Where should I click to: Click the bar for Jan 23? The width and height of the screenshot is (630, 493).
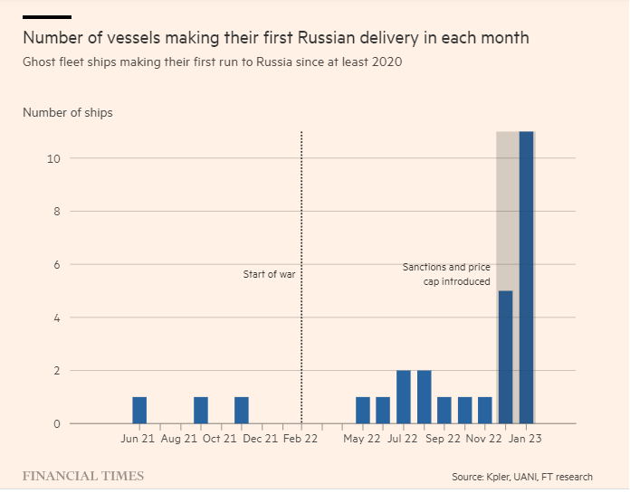coord(526,278)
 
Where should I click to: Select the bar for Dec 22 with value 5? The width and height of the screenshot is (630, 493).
coord(506,356)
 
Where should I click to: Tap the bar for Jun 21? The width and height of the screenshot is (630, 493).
coord(139,410)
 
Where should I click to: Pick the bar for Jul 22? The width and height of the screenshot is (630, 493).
coord(404,396)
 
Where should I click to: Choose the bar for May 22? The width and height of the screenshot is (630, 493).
coord(363,410)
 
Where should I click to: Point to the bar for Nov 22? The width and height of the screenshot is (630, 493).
coord(485,410)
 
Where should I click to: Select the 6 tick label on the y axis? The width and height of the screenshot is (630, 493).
coord(56,265)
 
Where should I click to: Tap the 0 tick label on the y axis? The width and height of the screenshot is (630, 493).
coord(56,423)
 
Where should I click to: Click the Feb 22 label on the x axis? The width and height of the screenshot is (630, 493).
coord(301,440)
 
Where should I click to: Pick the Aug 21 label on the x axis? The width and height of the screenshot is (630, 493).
coord(178,440)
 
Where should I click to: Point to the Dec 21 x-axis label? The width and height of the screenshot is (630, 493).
coord(261,440)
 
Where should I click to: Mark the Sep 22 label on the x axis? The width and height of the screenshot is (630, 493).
coord(443,440)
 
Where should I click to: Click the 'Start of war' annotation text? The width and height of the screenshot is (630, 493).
coord(269,274)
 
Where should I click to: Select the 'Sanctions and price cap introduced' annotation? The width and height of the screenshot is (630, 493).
coord(446,274)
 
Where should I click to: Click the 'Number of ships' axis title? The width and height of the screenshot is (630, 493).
coord(68,113)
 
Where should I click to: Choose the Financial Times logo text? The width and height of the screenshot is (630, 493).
coord(82,476)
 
